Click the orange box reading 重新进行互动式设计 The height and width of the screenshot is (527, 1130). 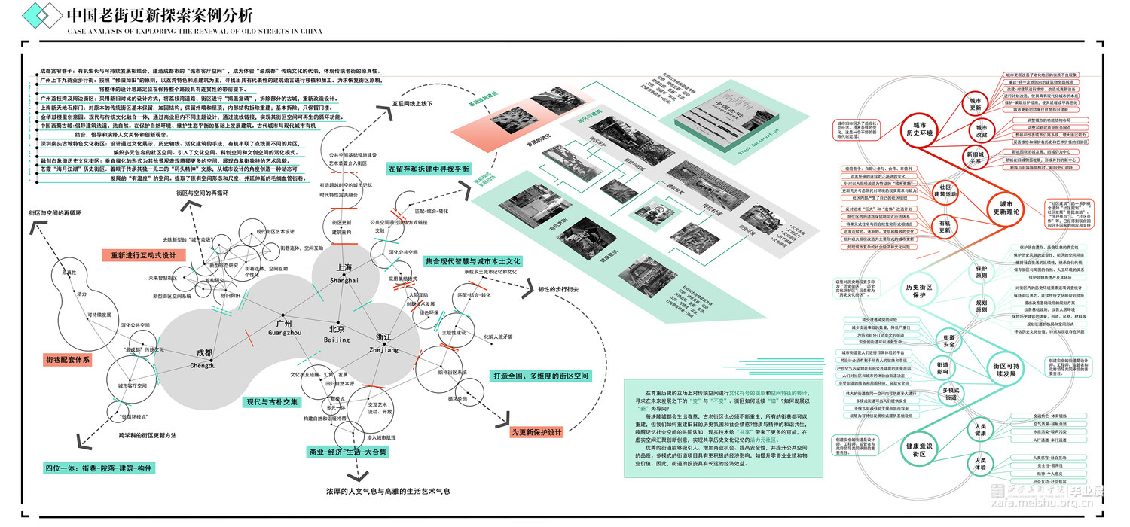tap(144, 255)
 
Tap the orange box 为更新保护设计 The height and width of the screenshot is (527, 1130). tap(536, 432)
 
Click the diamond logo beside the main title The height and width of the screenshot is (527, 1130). tap(41, 14)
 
